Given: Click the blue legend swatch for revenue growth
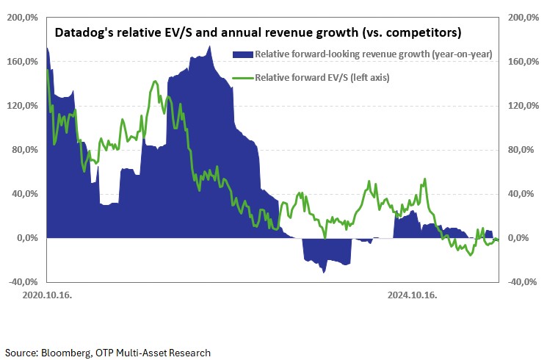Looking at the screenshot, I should (242, 54).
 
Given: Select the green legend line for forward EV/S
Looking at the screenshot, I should (242, 76).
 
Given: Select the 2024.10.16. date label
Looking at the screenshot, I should (413, 295).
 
